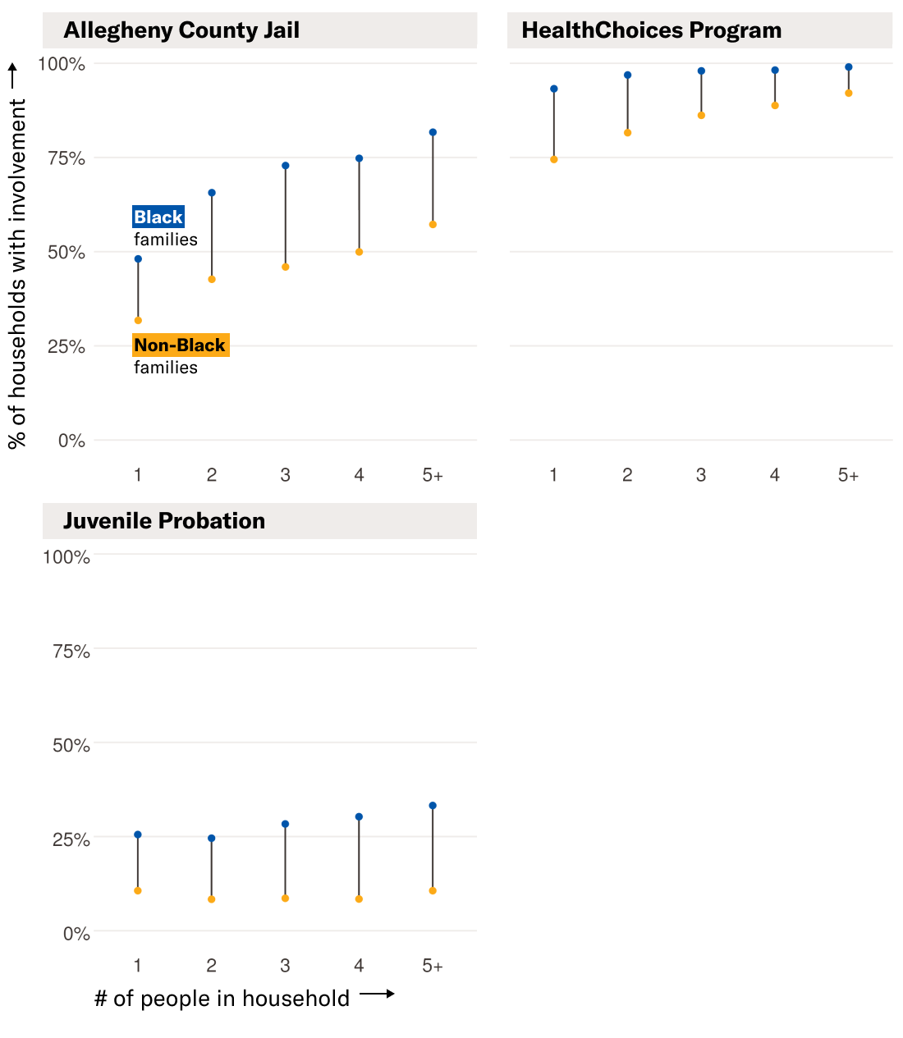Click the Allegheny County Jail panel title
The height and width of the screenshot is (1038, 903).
(x=181, y=30)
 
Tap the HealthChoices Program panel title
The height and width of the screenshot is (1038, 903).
(x=651, y=30)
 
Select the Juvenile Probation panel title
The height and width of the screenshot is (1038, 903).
(x=164, y=521)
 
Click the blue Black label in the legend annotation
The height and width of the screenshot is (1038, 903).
(x=158, y=217)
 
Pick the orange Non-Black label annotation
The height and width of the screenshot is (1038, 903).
(x=180, y=345)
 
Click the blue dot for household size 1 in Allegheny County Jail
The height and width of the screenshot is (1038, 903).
(x=138, y=259)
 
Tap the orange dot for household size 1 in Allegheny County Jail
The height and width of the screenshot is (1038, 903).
(x=138, y=321)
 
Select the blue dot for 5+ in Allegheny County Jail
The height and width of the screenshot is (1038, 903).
(x=433, y=132)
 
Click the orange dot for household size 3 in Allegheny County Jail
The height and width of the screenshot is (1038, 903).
(x=286, y=268)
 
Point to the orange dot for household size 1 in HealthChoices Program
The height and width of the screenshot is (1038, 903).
(x=554, y=160)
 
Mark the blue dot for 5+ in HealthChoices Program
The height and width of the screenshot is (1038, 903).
(x=849, y=67)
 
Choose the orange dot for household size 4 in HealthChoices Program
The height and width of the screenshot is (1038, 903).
(x=775, y=106)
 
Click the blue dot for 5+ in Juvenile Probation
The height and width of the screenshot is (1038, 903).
(x=433, y=806)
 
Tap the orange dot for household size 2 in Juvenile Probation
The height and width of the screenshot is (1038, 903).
(x=212, y=899)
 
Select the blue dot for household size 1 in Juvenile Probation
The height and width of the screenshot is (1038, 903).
(x=138, y=835)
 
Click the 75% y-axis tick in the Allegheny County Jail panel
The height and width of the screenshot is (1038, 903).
(x=66, y=158)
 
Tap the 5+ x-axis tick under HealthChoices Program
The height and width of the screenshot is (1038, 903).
(x=848, y=475)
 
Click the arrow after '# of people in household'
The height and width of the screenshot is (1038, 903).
(x=378, y=994)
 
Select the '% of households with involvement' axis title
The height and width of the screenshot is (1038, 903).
(x=17, y=273)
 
